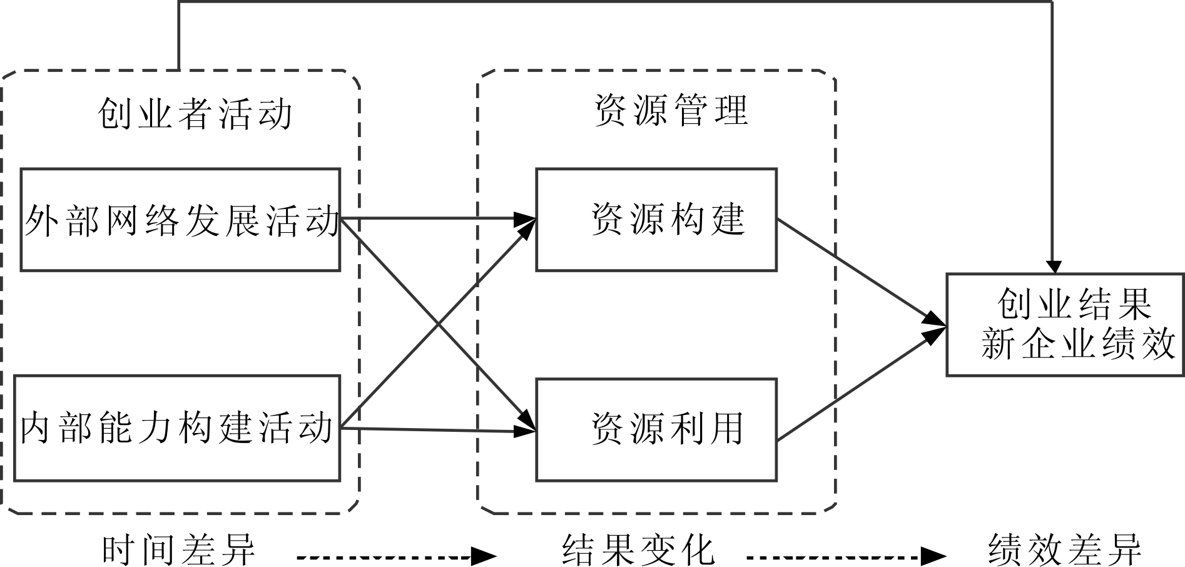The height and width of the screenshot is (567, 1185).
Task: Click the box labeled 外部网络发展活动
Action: click(x=180, y=219)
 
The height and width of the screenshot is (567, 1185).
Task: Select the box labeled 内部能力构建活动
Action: click(x=177, y=428)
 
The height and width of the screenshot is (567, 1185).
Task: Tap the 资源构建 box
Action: click(x=656, y=219)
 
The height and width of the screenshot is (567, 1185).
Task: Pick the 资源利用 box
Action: click(x=656, y=429)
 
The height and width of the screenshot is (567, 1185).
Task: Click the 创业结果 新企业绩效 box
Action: click(x=1065, y=324)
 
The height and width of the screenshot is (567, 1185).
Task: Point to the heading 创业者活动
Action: click(x=195, y=115)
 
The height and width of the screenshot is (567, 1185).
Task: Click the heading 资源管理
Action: click(x=671, y=111)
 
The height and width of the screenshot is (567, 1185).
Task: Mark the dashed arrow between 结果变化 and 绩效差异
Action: click(x=845, y=556)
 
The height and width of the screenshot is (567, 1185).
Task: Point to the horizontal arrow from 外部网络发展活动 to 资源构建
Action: click(x=438, y=219)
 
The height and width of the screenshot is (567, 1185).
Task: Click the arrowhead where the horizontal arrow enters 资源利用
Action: click(x=526, y=431)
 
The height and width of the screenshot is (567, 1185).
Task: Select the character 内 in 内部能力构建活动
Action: click(x=35, y=428)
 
